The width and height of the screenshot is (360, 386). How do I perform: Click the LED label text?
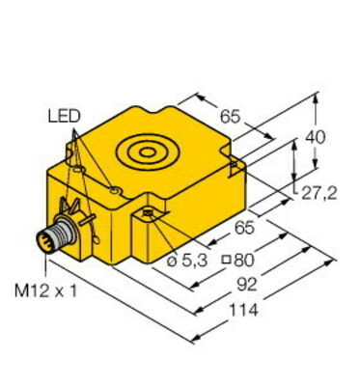point(64,116)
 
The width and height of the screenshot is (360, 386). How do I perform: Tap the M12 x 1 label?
point(46,291)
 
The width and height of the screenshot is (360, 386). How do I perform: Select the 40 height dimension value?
point(315,137)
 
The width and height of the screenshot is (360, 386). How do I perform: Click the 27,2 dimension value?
point(319,193)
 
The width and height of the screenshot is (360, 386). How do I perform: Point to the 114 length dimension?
point(243,311)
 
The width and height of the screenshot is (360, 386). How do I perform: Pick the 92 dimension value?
point(247,285)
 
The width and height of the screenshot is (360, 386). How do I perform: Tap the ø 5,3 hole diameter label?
point(187,261)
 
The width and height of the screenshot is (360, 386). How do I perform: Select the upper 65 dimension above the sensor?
point(230,116)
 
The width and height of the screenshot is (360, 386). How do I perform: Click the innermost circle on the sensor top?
point(148,152)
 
